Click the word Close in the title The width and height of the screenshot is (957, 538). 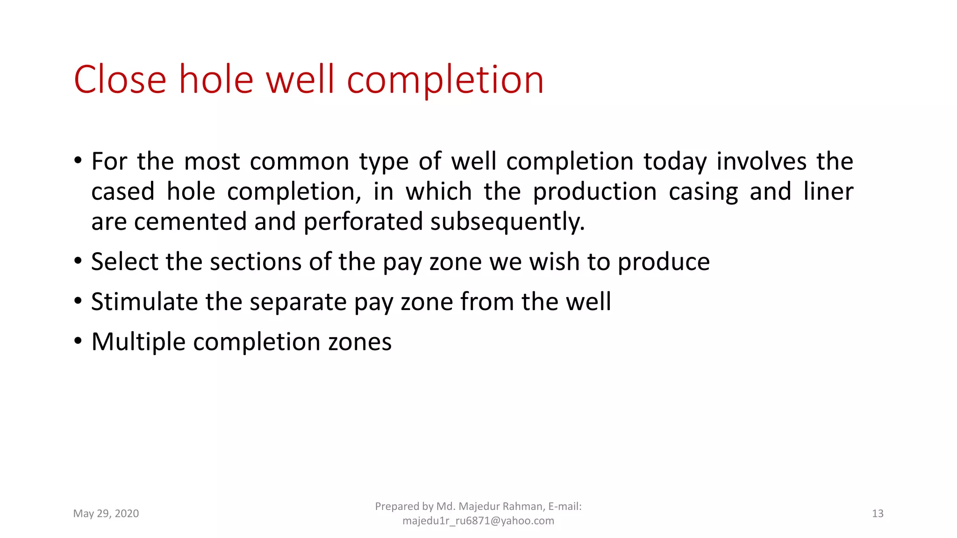tap(120, 80)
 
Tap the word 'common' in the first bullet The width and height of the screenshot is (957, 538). tap(299, 162)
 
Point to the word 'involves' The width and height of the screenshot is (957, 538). tap(762, 162)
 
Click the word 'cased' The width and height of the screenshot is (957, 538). tap(123, 191)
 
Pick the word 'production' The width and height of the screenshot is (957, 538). tap(595, 192)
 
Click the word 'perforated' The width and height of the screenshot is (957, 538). tap(363, 221)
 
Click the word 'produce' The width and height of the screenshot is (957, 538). tap(664, 262)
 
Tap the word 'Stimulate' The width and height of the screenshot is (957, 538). tap(144, 302)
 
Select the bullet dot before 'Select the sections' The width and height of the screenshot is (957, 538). tap(78, 261)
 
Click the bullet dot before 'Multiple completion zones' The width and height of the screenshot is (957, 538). tap(78, 341)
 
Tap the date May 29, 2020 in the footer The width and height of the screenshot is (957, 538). tap(106, 514)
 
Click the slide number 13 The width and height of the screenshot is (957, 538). tap(878, 514)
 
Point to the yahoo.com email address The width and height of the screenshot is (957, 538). tap(478, 521)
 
